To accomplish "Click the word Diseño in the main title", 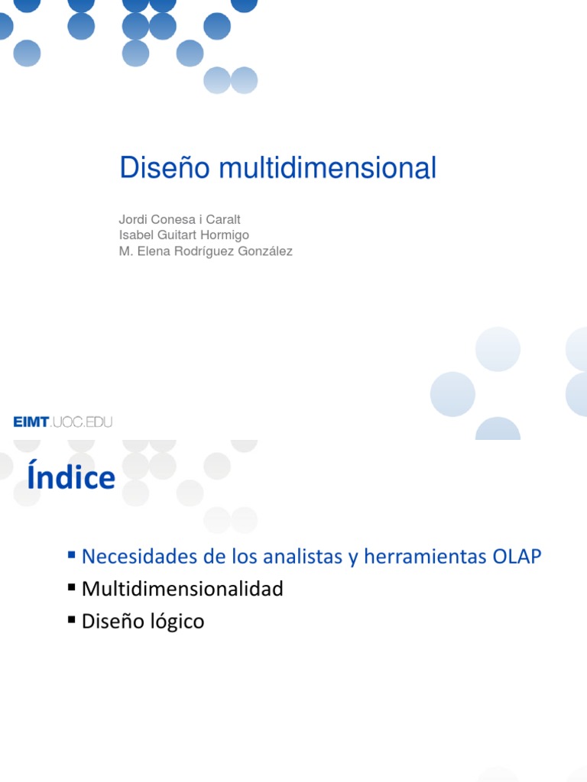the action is click(165, 167).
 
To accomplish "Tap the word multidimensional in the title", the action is click(327, 167).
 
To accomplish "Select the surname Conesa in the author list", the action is click(174, 219).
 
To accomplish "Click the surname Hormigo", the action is click(225, 235).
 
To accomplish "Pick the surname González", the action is click(265, 250).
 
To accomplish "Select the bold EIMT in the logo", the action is click(31, 422).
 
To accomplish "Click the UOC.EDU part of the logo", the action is click(81, 422).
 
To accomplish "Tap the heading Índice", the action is click(71, 476).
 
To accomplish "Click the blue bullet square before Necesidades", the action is click(71, 554).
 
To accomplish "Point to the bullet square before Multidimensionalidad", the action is click(71, 587).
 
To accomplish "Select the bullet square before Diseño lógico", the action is click(71, 619).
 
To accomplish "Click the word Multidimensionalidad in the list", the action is click(182, 589).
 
